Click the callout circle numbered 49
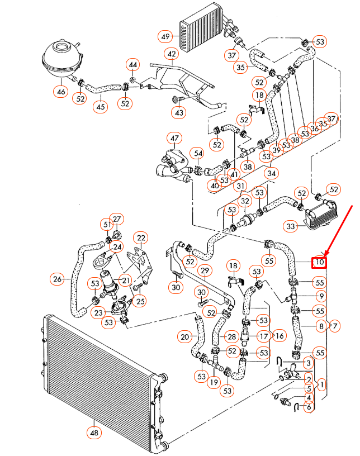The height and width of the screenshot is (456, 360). click(165, 36)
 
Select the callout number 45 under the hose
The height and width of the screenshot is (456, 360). click(100, 106)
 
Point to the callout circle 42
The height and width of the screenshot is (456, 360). click(171, 54)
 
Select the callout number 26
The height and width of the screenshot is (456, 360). click(57, 278)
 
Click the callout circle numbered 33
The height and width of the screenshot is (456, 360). click(291, 226)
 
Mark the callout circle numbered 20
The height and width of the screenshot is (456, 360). click(185, 337)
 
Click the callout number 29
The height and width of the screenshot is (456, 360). click(205, 271)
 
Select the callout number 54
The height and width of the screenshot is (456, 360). click(198, 153)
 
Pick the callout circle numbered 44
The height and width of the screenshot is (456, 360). click(132, 65)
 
